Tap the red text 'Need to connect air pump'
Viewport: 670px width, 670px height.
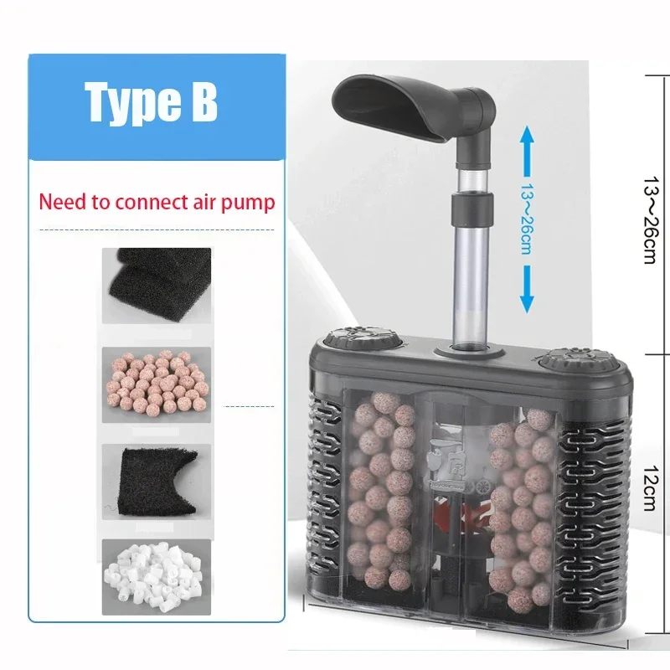pos(157,202)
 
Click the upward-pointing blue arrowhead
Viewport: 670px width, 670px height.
pos(527,137)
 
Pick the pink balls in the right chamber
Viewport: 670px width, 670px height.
pos(519,511)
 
